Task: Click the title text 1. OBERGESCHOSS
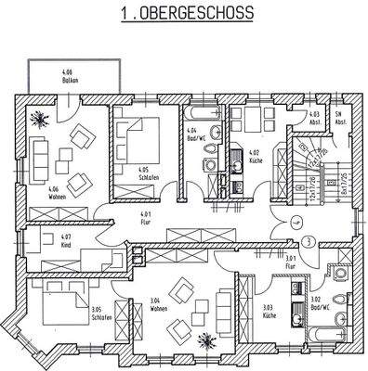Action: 185,15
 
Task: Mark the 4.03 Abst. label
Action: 314,119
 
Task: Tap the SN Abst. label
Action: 341,119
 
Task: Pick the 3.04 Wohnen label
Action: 158,303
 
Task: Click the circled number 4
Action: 296,222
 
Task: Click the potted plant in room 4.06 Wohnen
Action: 40,120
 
